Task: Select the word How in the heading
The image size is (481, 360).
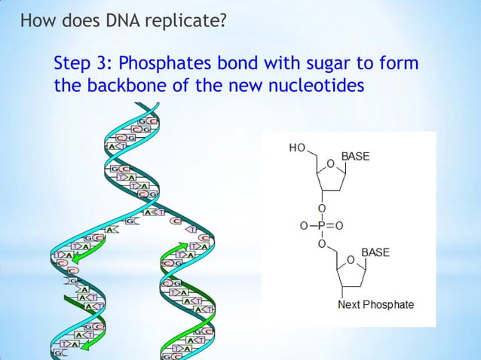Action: point(35,17)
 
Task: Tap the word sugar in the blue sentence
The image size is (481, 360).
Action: point(331,63)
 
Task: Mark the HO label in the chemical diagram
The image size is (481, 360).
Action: point(297,148)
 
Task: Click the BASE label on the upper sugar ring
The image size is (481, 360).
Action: point(356,157)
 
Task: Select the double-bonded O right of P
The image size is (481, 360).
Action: point(340,225)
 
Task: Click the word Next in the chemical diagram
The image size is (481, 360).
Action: point(349,305)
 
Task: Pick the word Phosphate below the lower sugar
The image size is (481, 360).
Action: point(388,305)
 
